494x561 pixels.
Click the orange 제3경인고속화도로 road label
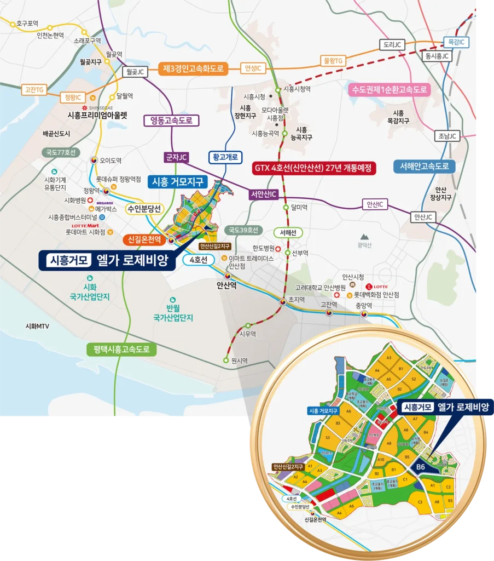coord(194,68)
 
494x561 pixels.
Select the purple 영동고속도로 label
coord(171,120)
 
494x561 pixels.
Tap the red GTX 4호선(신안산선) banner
coord(315,168)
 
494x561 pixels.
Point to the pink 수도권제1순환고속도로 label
coord(389,89)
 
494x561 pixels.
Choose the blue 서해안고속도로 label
coord(424,166)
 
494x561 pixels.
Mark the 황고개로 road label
coord(225,157)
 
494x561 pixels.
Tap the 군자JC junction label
coord(177,157)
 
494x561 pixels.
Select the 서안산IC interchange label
coord(264,194)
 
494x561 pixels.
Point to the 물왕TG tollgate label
coord(332,60)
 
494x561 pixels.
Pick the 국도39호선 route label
coord(243,230)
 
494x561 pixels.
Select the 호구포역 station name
coord(27,23)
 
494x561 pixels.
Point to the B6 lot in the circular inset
coord(421,467)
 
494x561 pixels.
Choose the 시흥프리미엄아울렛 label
coord(97,116)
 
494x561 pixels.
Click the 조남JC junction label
coord(447,137)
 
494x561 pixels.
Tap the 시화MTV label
coord(38,326)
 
